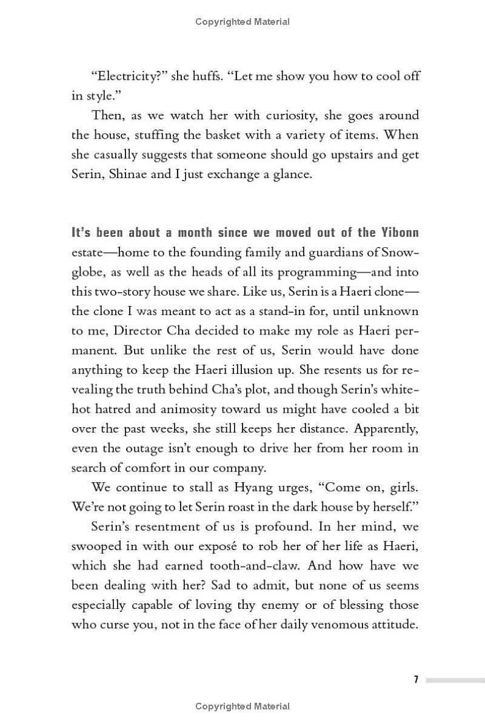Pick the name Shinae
click(129, 173)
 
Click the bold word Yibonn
click(398, 233)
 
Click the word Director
click(122, 331)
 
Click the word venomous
click(342, 624)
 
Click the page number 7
click(416, 680)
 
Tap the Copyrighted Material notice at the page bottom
click(242, 706)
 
